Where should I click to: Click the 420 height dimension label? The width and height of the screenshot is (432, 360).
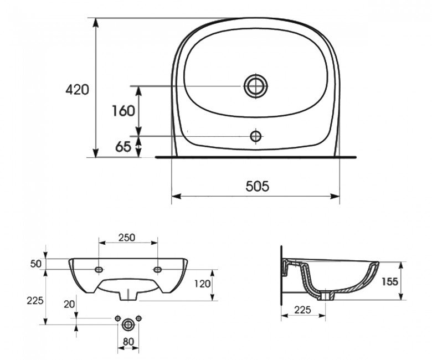point(77,90)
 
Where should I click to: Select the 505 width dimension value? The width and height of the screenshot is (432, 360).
point(257,186)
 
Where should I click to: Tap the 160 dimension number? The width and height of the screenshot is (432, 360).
point(124,111)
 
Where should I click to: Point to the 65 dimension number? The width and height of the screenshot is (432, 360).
point(123,147)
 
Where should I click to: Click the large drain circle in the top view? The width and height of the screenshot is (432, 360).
point(256,86)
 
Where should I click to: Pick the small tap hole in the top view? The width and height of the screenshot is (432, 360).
point(256,136)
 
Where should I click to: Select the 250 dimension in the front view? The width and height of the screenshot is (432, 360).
point(127,238)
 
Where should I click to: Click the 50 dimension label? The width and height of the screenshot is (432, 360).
point(36,264)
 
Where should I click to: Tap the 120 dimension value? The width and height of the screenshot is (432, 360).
point(203,284)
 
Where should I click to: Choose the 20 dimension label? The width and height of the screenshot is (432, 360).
point(69,305)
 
